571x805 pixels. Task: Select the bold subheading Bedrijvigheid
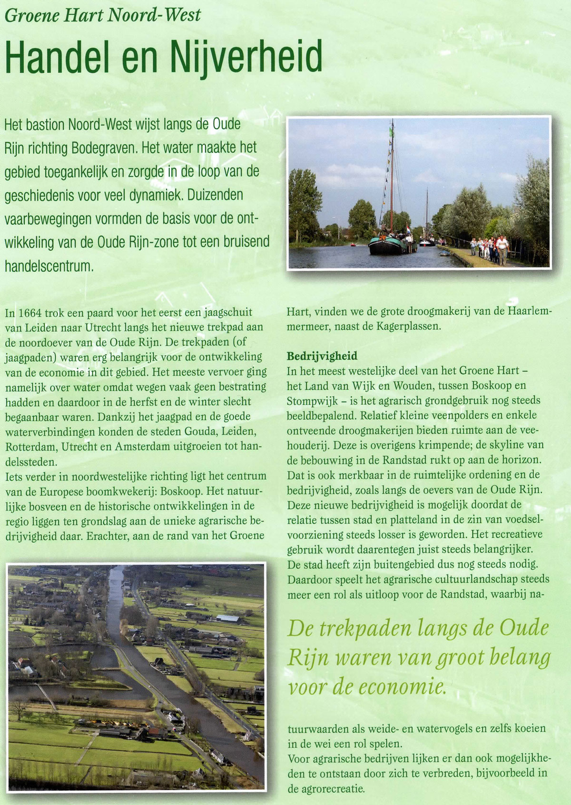[x=322, y=356]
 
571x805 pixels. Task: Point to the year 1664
[x=30, y=313]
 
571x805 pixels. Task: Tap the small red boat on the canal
[x=353, y=245]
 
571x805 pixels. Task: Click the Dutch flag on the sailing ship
[x=408, y=228]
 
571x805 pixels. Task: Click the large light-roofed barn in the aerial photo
[x=228, y=619]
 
